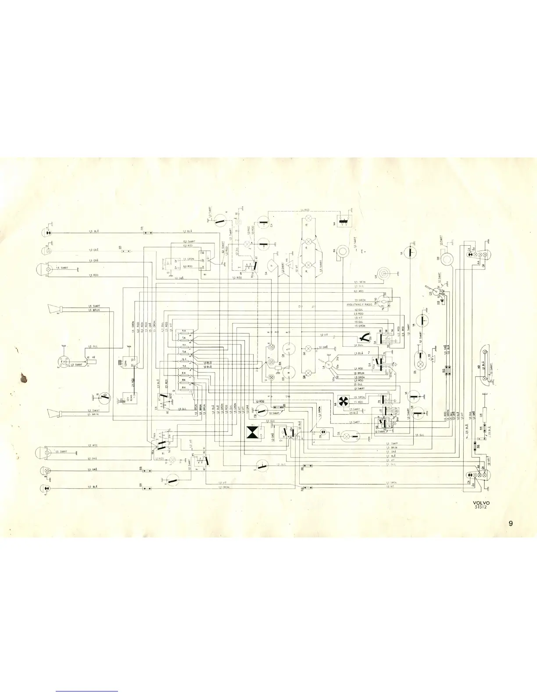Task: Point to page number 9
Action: click(x=511, y=523)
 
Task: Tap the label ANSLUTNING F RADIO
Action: click(x=360, y=304)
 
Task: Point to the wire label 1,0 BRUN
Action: click(x=391, y=447)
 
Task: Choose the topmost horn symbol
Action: click(x=56, y=309)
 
